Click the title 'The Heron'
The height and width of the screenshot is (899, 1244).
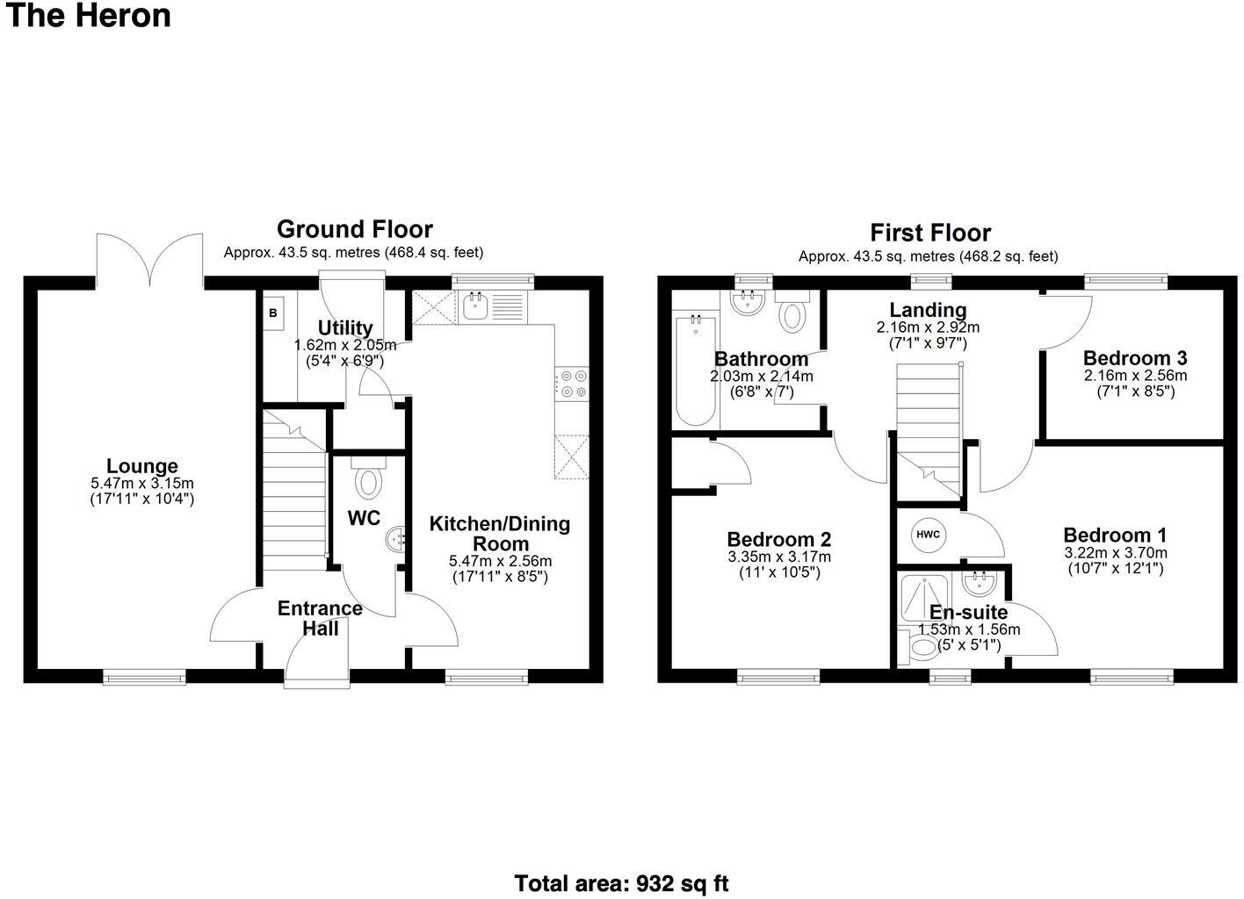pyautogui.click(x=88, y=16)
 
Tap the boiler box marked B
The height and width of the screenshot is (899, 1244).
pyautogui.click(x=272, y=313)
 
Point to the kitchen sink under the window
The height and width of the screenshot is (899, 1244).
pyautogui.click(x=475, y=306)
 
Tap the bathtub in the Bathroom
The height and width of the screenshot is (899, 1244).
pyautogui.click(x=696, y=370)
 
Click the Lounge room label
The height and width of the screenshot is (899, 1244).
pyautogui.click(x=142, y=466)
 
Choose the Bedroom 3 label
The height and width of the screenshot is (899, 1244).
pyautogui.click(x=1134, y=358)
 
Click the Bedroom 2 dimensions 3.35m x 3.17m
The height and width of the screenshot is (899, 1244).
pyautogui.click(x=778, y=557)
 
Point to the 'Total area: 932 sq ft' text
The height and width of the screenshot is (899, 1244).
pyautogui.click(x=621, y=883)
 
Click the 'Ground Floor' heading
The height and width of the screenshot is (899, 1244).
pyautogui.click(x=354, y=229)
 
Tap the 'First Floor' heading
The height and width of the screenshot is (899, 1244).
pyautogui.click(x=929, y=233)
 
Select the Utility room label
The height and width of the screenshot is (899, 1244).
pyautogui.click(x=345, y=328)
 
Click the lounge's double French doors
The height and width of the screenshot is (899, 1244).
pyautogui.click(x=149, y=261)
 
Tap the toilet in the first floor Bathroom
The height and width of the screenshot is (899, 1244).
pyautogui.click(x=792, y=314)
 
